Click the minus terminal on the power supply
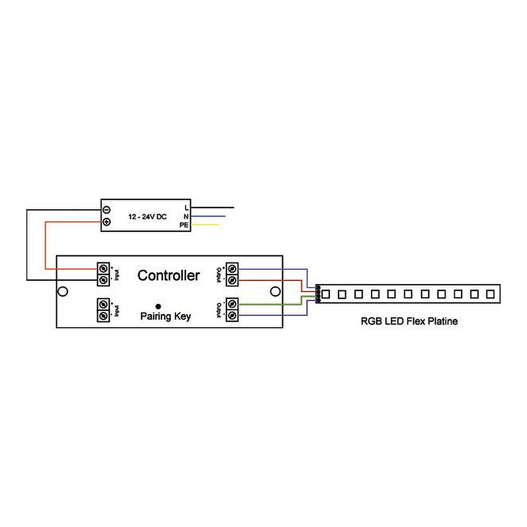coord(106,209)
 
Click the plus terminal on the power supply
coord(106,222)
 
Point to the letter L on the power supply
coord(187,208)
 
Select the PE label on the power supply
coord(184,225)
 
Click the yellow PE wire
coord(206,225)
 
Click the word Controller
coord(169,275)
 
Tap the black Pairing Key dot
coord(158,306)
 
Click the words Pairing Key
coord(165,317)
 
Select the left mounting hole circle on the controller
coord(63,291)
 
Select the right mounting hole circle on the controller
coord(274,291)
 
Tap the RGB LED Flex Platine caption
coord(409,321)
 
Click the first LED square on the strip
coord(326,293)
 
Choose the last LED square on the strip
coord(490,293)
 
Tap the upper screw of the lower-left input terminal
coord(104,304)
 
